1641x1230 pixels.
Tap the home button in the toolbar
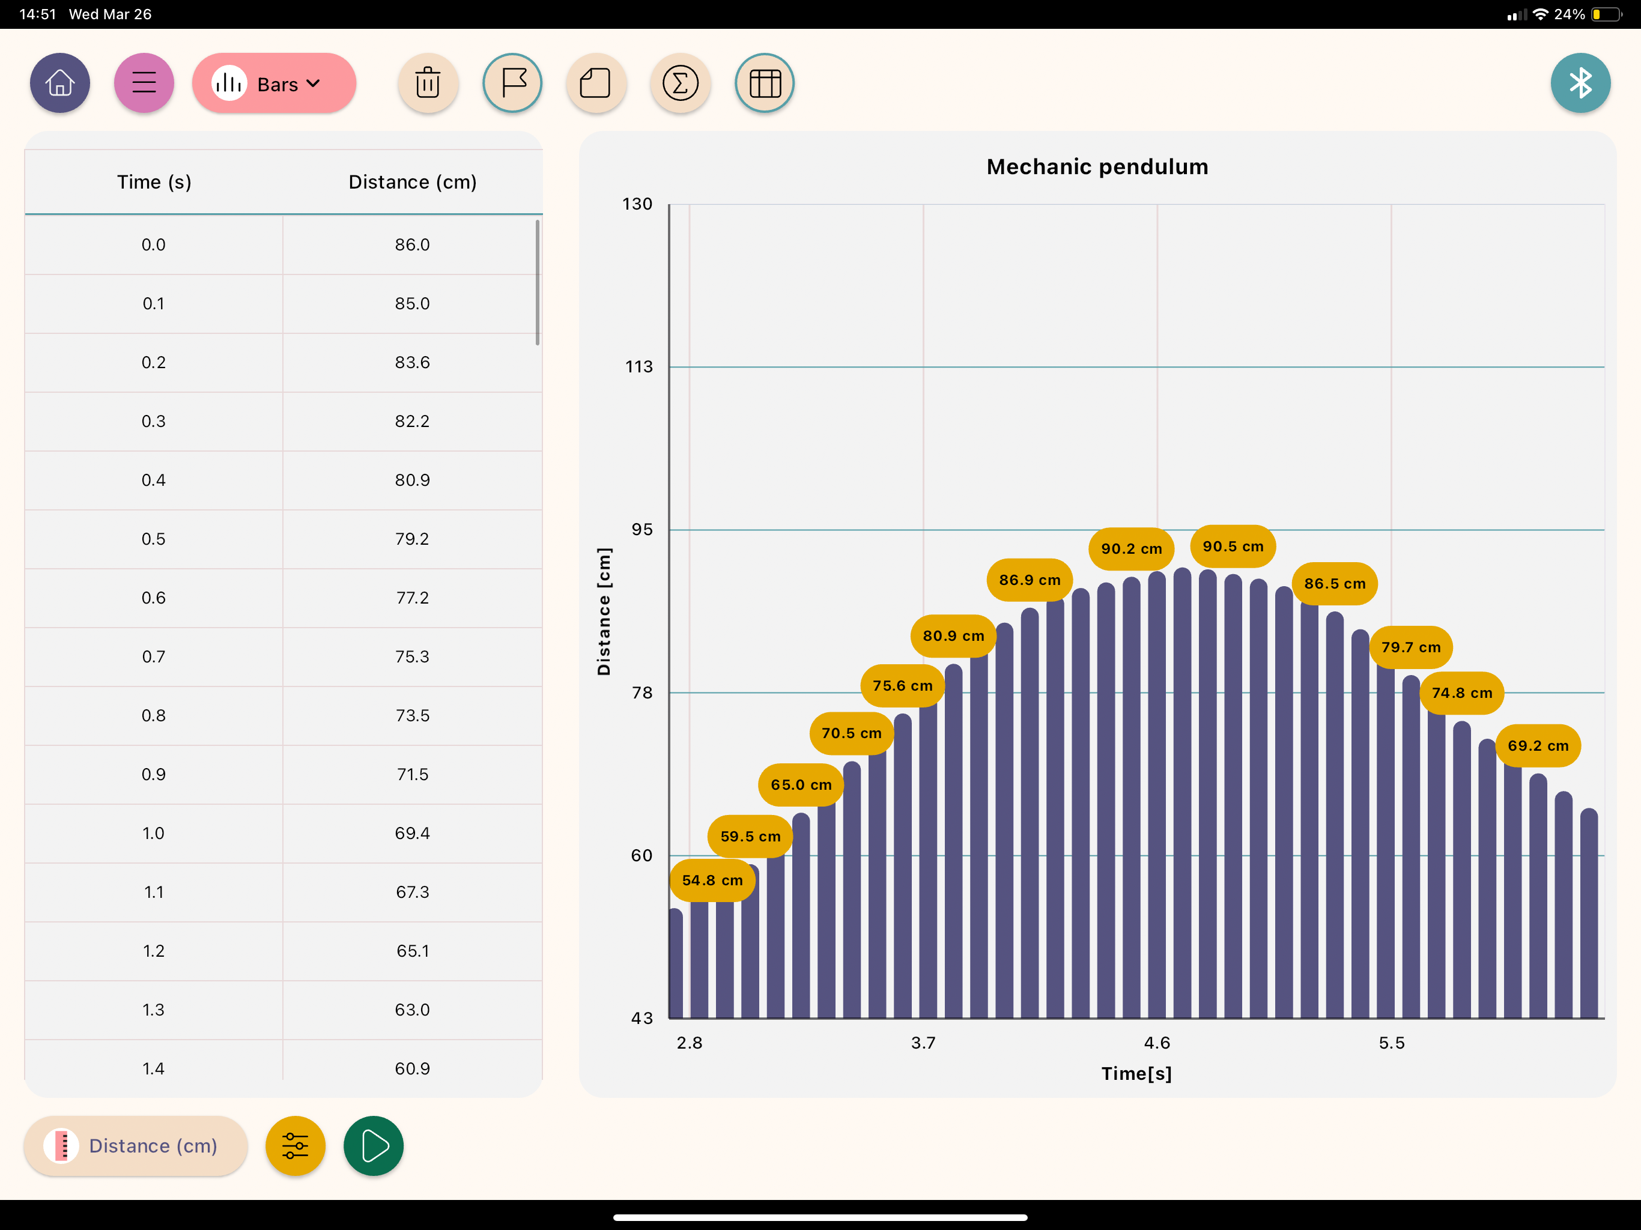click(x=60, y=83)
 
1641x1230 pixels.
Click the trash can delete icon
click(x=428, y=83)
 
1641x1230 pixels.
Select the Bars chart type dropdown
click(x=274, y=83)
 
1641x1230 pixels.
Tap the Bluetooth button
click(x=1580, y=83)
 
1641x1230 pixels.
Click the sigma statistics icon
click(x=681, y=83)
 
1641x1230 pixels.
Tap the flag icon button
click(x=512, y=83)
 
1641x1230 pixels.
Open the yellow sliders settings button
click(x=296, y=1145)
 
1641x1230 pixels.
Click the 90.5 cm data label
click(x=1233, y=546)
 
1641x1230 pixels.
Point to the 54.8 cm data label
click(x=712, y=880)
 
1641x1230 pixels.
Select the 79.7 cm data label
click(x=1411, y=647)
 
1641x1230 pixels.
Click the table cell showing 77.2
click(x=413, y=598)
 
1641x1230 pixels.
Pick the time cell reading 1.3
click(x=154, y=1010)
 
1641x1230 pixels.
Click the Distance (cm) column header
click(x=413, y=182)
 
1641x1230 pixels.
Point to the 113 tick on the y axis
click(x=639, y=366)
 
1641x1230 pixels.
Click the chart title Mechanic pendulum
click(x=1097, y=167)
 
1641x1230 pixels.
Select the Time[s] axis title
click(x=1136, y=1073)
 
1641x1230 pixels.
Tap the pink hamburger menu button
click(x=144, y=83)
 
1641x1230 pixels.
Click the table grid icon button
click(x=765, y=83)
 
